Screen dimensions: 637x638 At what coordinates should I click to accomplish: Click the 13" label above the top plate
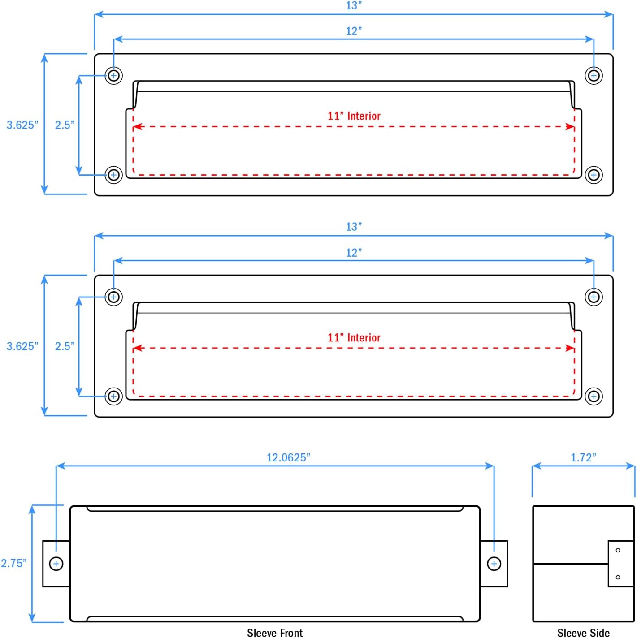tap(354, 6)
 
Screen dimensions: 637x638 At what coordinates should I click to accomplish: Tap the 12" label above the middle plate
tap(354, 253)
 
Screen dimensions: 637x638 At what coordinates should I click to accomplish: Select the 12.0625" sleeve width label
tap(288, 457)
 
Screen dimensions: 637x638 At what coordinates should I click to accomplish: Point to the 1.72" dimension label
tap(583, 457)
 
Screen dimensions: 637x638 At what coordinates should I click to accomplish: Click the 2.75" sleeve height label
tap(13, 563)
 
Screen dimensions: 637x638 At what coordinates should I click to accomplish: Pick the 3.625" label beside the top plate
tap(22, 125)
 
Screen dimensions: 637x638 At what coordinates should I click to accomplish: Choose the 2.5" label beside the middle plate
tap(65, 346)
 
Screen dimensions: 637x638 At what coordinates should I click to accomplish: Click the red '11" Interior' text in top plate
tap(354, 116)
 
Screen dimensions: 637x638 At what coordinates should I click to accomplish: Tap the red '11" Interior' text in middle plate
tap(354, 338)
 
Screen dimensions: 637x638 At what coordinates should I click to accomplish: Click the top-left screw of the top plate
tap(114, 75)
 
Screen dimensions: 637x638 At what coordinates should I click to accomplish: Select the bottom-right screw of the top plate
tap(594, 175)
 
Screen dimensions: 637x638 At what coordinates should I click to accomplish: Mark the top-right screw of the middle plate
tap(594, 297)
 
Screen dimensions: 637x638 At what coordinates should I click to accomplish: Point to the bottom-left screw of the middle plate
tap(114, 397)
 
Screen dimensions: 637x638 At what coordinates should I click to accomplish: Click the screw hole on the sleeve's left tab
tap(56, 564)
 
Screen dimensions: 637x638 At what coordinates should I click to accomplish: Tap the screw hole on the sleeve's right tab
tap(494, 564)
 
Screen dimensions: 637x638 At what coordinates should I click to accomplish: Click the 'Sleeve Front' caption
tap(275, 633)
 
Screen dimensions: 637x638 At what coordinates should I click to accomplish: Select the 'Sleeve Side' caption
tap(583, 633)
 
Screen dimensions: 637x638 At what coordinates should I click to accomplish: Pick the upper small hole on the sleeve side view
tap(618, 550)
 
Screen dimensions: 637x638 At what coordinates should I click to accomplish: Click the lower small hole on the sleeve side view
tap(618, 577)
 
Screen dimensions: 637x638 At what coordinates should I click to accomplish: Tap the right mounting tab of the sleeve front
tap(494, 564)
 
